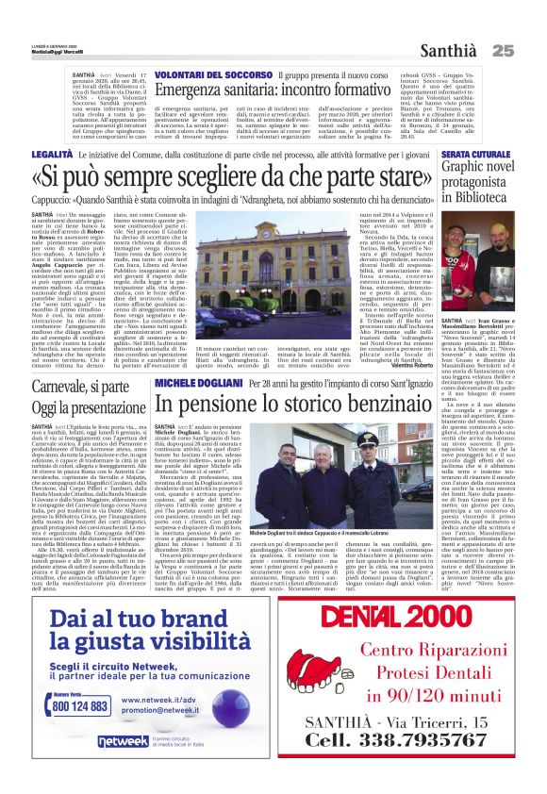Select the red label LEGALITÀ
tap(51, 153)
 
